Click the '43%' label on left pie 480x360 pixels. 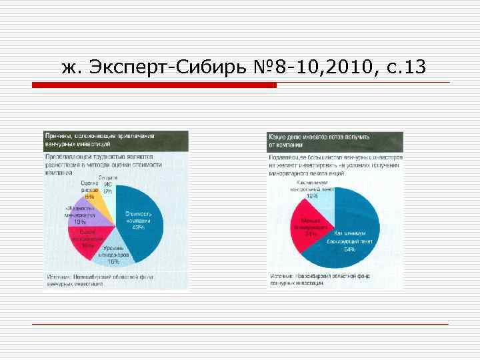(x=138, y=227)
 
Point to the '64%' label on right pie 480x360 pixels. (x=349, y=249)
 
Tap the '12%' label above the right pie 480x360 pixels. (x=311, y=196)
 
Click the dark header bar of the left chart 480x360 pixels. (x=116, y=139)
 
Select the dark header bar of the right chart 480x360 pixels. (x=335, y=140)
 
